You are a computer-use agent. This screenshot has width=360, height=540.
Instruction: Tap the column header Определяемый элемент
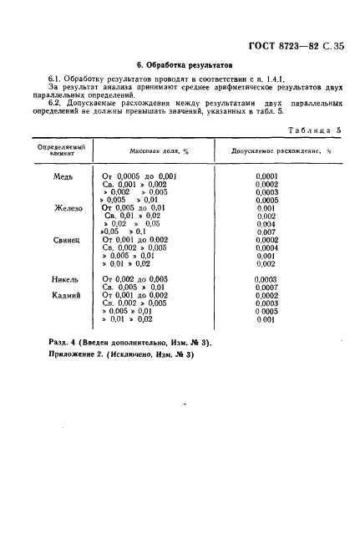[x=58, y=150]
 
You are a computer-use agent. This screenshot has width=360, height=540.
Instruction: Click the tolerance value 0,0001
[x=267, y=177]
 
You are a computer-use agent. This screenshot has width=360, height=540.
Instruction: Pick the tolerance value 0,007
[x=266, y=232]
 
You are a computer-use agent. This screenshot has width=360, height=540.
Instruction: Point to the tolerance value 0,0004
[x=267, y=248]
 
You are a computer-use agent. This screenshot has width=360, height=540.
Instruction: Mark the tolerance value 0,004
[x=266, y=224]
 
